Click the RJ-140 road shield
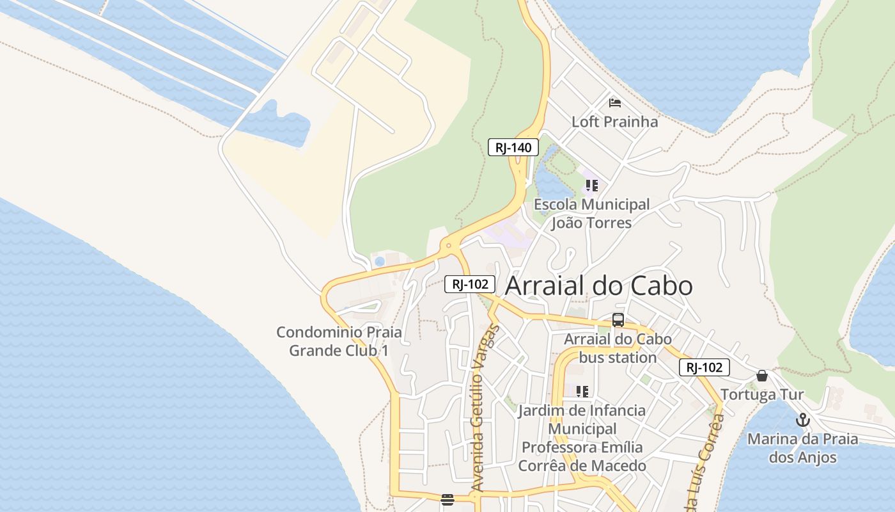pos(513,148)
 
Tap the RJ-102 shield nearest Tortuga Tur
pos(704,367)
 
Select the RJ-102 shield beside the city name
pos(470,284)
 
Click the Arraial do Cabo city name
pos(598,286)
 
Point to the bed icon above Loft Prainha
pos(615,102)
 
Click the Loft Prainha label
pos(614,122)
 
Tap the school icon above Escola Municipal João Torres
pos(591,186)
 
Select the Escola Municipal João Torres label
pos(591,214)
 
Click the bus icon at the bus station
pos(618,320)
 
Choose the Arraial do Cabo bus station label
pos(618,348)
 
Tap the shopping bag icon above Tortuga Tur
pos(761,376)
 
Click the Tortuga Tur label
pos(762,394)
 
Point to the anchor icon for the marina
pos(802,420)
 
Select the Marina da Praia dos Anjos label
pos(802,448)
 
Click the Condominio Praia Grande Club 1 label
pos(339,341)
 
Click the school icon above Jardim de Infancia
pos(582,391)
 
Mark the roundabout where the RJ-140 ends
pos(449,245)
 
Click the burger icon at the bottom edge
pos(447,500)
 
